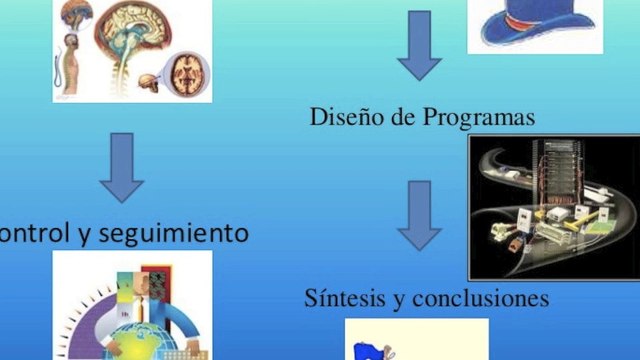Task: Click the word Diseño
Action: tap(340, 118)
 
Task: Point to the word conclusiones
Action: tap(486, 299)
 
